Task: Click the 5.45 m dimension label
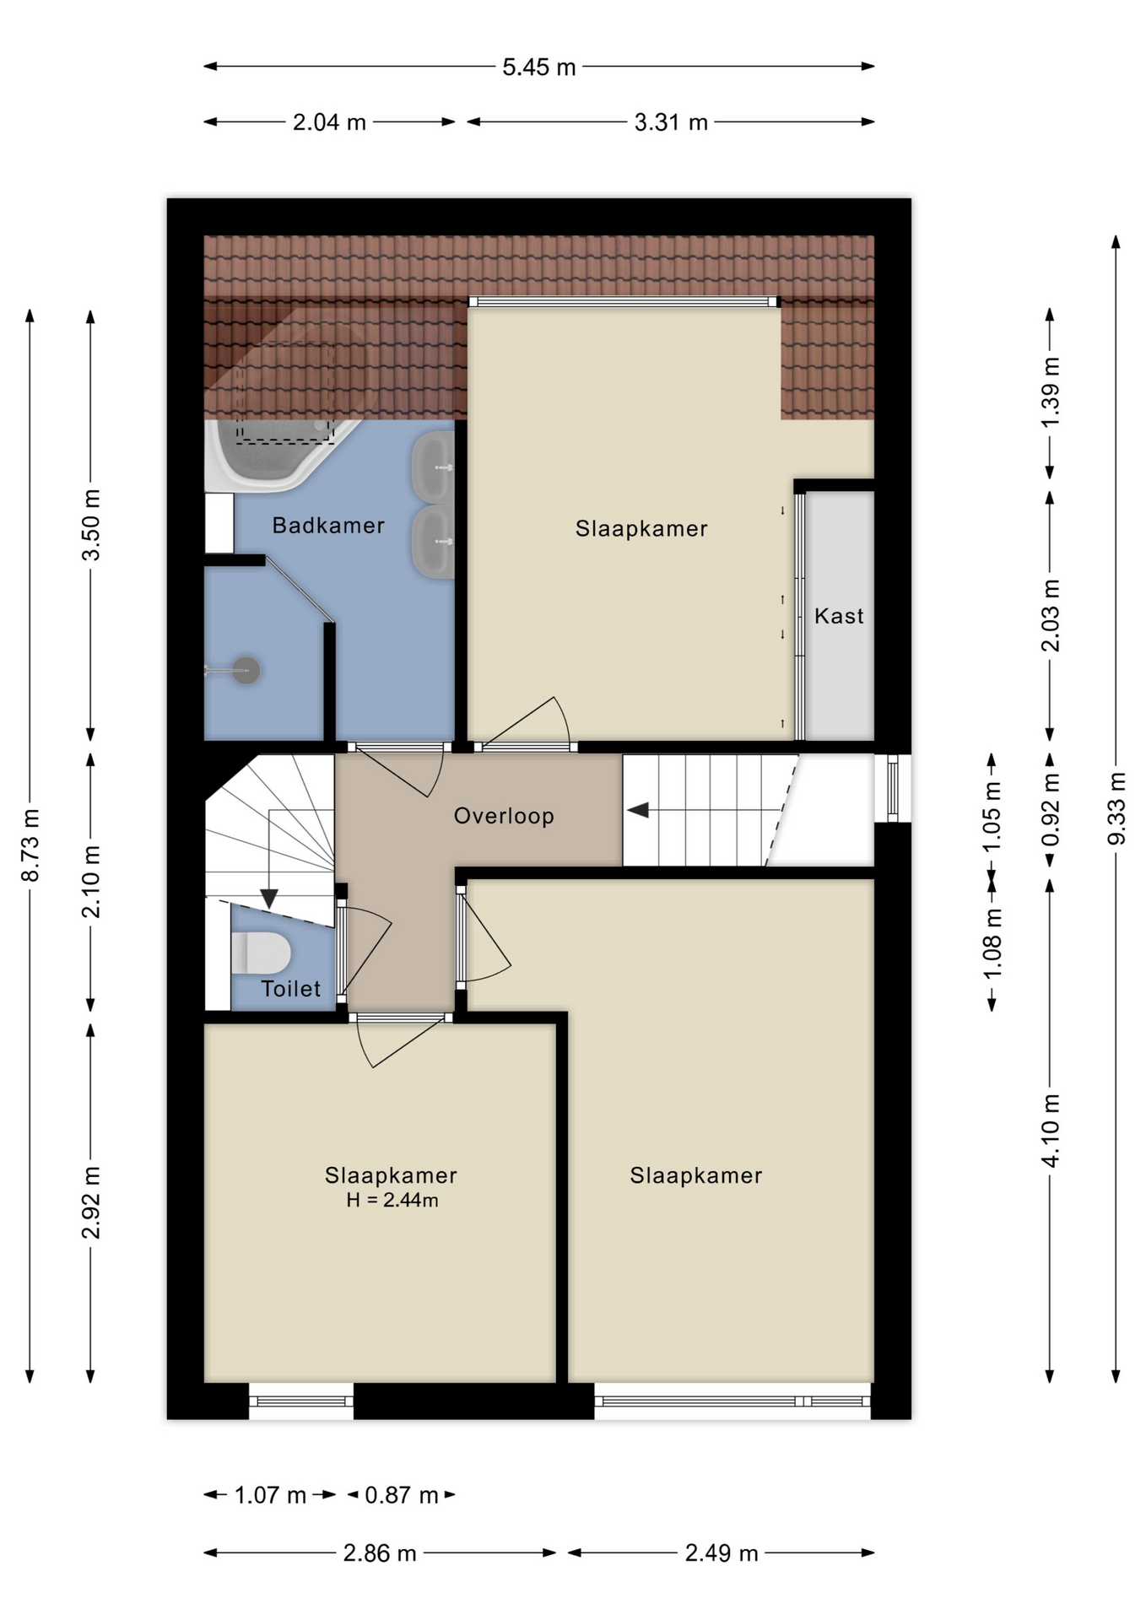point(538,67)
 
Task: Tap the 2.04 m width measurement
point(329,122)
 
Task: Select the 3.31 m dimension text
point(671,122)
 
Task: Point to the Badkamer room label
point(328,525)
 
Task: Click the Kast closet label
point(839,616)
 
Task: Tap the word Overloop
point(504,816)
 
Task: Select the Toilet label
point(290,989)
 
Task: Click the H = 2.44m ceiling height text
point(392,1200)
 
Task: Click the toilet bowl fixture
point(262,953)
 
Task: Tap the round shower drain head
point(246,670)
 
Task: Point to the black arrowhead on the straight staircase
point(638,810)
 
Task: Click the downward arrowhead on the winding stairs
point(269,899)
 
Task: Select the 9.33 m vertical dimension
point(1116,808)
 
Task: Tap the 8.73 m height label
point(30,845)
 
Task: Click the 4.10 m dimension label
point(1050,1131)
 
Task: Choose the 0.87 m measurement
point(402,1495)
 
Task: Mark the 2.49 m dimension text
point(722,1553)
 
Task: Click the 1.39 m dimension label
point(1050,392)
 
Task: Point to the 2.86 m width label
point(380,1553)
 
